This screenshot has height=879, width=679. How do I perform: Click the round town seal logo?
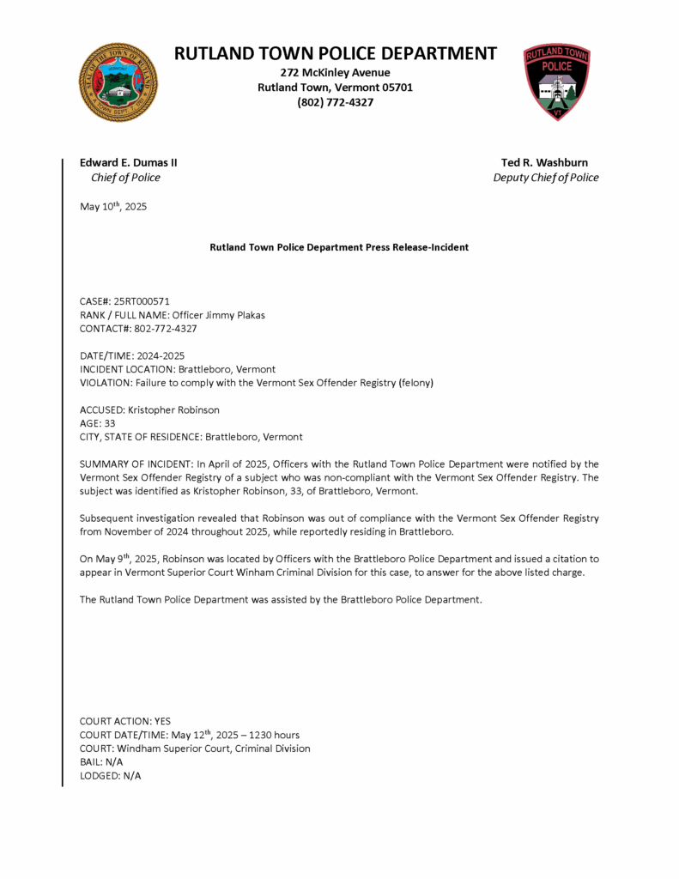point(118,82)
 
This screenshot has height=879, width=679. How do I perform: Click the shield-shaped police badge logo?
point(557,82)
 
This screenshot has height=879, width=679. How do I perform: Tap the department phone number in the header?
point(335,103)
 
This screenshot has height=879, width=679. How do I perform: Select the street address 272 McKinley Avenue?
point(335,72)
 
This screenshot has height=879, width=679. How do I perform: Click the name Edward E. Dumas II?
point(129,162)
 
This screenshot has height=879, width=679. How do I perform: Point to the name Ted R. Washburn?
point(545,162)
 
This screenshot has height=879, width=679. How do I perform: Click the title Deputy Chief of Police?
point(546,178)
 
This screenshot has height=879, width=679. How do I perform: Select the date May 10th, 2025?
point(113,207)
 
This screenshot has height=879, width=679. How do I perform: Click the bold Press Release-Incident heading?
point(339,247)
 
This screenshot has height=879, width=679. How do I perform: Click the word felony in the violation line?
point(415,383)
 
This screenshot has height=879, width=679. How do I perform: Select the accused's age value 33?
point(109,423)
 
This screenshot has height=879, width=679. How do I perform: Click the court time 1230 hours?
point(270,735)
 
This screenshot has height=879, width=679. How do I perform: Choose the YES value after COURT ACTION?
point(161,721)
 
